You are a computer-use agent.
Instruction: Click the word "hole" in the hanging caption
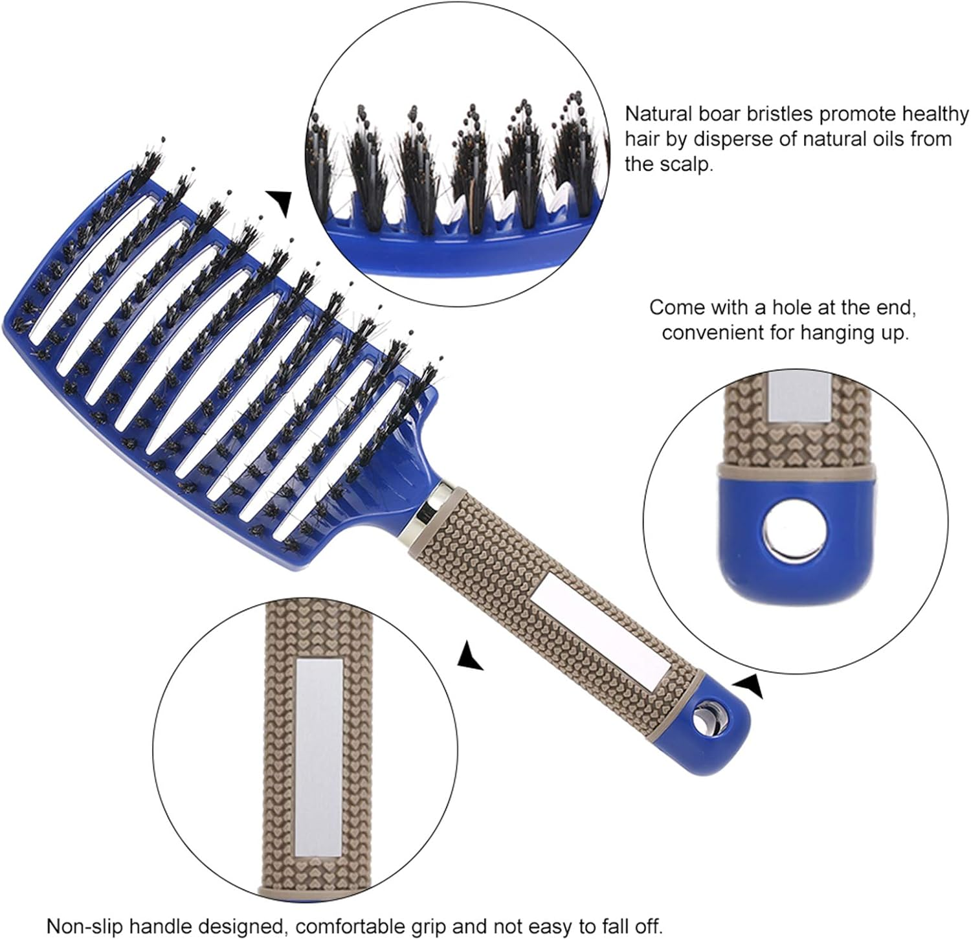click(789, 308)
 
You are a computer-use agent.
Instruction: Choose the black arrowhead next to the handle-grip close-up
click(471, 656)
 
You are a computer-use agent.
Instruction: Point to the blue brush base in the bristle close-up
click(453, 249)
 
